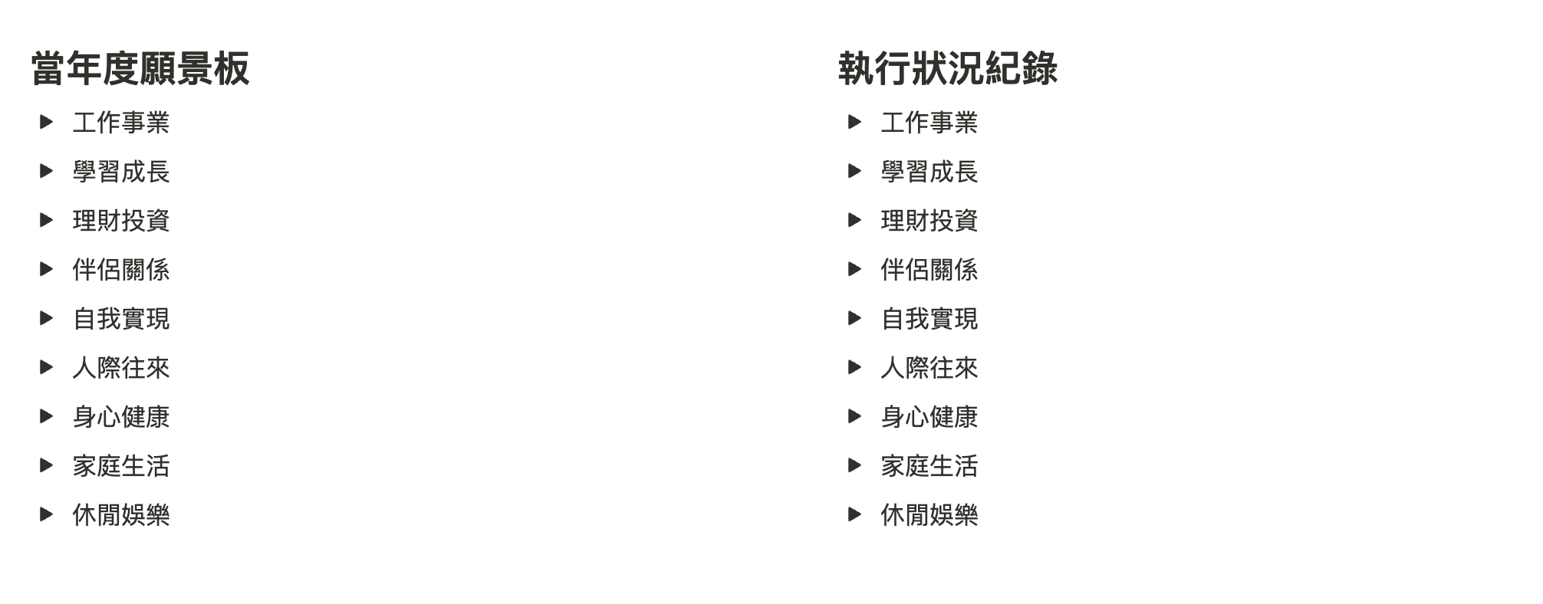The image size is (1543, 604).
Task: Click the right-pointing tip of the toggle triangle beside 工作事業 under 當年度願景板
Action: (53, 122)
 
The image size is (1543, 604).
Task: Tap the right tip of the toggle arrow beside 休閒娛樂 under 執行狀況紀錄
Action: (862, 514)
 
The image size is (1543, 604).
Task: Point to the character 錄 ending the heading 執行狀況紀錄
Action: (1040, 68)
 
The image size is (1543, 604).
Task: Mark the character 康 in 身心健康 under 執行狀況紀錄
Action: (966, 417)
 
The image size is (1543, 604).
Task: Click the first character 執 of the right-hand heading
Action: (856, 68)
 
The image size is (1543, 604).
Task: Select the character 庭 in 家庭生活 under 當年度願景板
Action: (109, 466)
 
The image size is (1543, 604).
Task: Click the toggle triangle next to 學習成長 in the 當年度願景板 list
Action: (47, 171)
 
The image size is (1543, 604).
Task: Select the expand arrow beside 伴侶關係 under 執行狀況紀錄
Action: (855, 269)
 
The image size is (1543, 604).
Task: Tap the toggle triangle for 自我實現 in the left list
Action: (47, 318)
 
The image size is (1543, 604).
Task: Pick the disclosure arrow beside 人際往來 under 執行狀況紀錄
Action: (855, 367)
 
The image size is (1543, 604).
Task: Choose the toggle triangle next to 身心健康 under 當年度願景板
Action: (47, 416)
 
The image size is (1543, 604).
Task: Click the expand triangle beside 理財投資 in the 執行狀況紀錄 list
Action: (855, 220)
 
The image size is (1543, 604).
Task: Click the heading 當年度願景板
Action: (140, 68)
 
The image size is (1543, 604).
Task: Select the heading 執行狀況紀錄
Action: (948, 68)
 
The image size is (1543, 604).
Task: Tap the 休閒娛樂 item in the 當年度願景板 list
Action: (121, 515)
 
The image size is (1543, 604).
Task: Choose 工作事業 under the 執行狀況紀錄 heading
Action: (929, 123)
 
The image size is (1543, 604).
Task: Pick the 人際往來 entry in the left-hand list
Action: (121, 368)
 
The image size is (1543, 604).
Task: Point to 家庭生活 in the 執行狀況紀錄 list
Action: (929, 466)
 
